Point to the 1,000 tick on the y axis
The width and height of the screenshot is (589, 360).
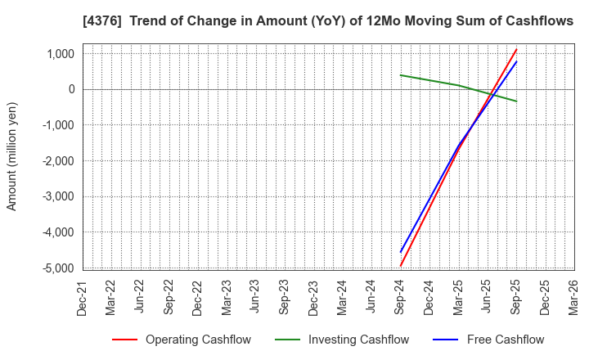61,54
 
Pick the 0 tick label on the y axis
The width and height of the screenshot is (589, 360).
71,89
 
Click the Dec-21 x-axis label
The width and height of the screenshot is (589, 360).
83,295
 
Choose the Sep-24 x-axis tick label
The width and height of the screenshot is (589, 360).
401,295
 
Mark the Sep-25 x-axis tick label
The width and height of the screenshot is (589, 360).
516,295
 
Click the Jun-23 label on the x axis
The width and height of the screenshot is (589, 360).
256,295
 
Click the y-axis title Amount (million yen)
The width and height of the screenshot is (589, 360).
12,156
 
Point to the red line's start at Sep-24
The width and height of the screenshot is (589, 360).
401,265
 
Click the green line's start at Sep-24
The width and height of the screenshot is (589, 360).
401,75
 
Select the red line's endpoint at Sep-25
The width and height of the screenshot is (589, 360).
516,49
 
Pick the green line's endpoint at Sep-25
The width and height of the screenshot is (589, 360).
516,101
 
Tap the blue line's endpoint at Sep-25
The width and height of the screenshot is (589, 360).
516,61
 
